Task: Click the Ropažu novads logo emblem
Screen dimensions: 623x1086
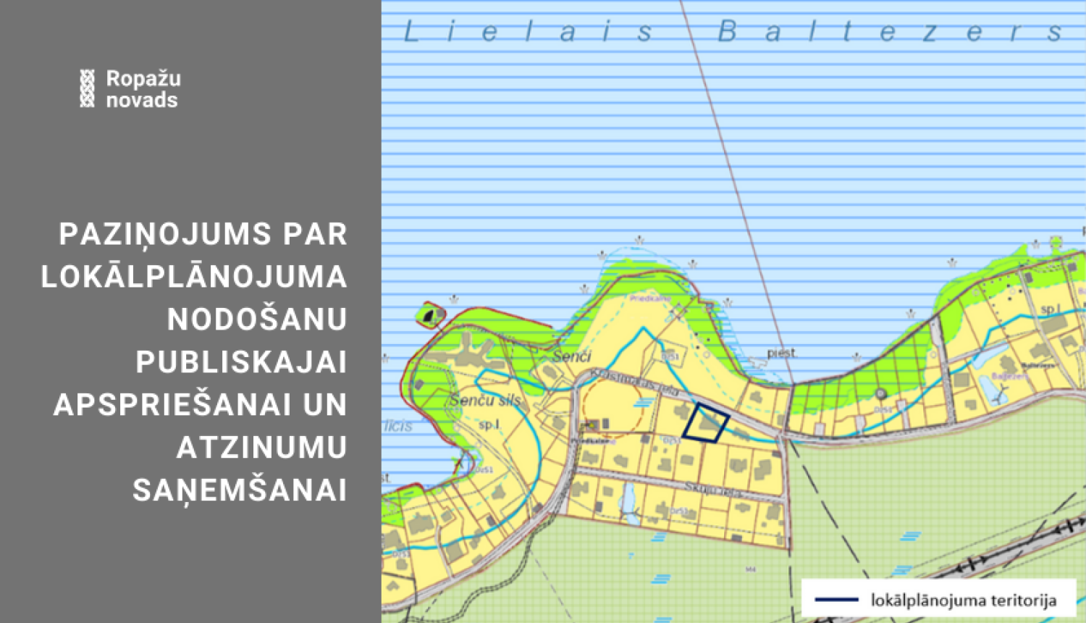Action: point(87,88)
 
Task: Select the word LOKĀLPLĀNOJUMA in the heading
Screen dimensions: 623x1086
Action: point(194,277)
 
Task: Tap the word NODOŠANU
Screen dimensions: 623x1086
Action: point(257,319)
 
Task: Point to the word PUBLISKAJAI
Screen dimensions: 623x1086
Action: point(241,362)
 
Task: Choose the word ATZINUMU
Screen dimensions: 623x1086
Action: point(261,448)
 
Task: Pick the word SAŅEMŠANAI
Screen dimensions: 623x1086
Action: point(240,490)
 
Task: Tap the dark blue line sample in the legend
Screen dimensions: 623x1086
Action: point(836,600)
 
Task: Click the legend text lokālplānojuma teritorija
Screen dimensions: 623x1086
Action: point(964,600)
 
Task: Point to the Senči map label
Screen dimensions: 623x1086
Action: point(571,356)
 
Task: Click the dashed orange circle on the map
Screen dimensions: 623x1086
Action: point(612,408)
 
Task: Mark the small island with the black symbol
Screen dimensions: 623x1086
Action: point(430,315)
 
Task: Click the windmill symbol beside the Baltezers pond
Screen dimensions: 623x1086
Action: point(1001,395)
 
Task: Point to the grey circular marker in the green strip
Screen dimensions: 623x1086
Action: point(880,394)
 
